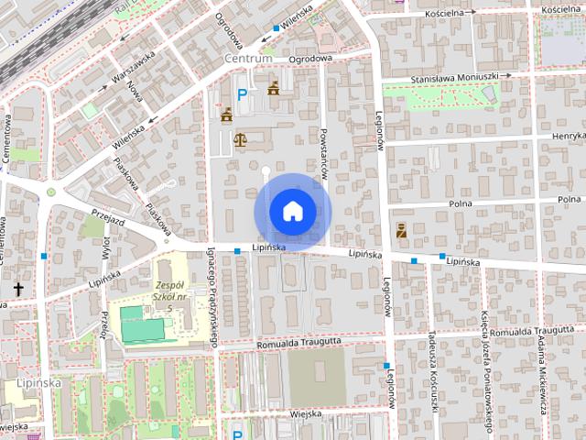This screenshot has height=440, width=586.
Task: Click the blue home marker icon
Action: (292, 211)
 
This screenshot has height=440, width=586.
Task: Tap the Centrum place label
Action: (248, 59)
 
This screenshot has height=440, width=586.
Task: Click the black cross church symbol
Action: (18, 289)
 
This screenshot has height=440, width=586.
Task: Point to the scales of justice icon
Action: (241, 139)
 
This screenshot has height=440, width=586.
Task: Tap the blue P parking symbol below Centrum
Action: (243, 93)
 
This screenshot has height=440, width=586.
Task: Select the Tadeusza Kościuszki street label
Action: (429, 361)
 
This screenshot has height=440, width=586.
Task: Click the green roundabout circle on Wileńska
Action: (51, 192)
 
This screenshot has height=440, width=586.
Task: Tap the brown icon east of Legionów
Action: (400, 232)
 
